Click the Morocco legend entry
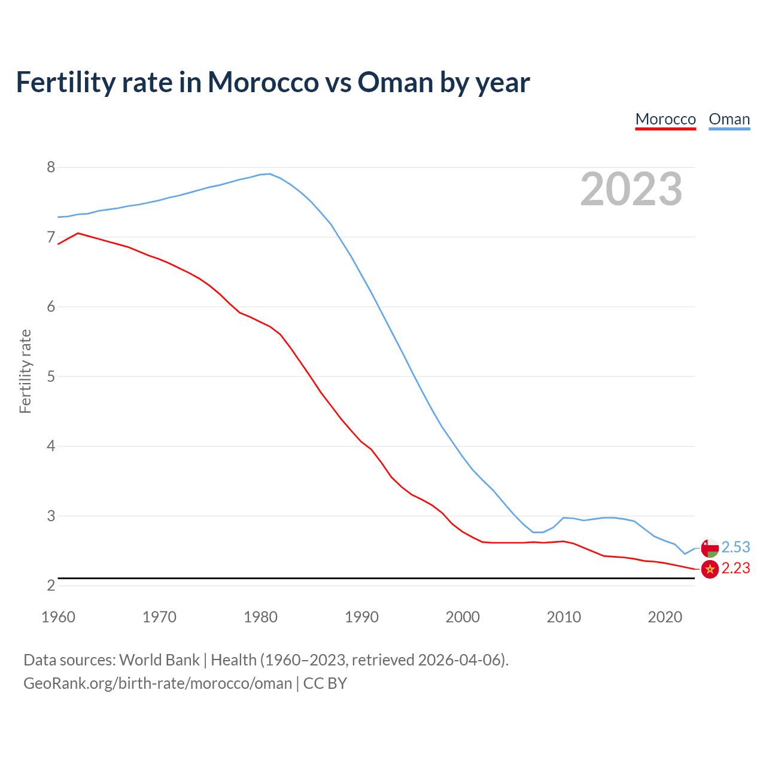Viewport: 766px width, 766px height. pyautogui.click(x=665, y=119)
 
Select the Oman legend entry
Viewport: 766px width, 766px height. pyautogui.click(x=729, y=119)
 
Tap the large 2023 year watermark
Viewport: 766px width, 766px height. pyautogui.click(x=631, y=189)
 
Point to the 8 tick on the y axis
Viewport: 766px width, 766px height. pyautogui.click(x=51, y=168)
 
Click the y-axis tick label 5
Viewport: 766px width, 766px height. pyautogui.click(x=51, y=377)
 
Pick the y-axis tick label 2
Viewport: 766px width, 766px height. pyautogui.click(x=51, y=586)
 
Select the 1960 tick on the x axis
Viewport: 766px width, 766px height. pyautogui.click(x=58, y=617)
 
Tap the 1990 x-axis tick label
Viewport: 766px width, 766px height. pyautogui.click(x=361, y=617)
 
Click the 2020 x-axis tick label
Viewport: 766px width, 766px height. pyautogui.click(x=665, y=617)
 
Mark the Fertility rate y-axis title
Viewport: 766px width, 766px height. pyautogui.click(x=25, y=371)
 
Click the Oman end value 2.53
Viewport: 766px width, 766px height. pyautogui.click(x=735, y=548)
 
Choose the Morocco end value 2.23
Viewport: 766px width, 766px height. pyautogui.click(x=735, y=569)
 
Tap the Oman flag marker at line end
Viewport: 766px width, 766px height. pyautogui.click(x=710, y=548)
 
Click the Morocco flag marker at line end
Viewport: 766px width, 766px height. pyautogui.click(x=710, y=569)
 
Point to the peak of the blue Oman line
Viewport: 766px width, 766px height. pyautogui.click(x=270, y=174)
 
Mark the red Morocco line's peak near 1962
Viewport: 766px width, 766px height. pyautogui.click(x=78, y=233)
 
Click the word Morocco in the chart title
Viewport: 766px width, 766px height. pyautogui.click(x=263, y=82)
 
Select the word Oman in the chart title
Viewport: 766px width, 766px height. pyautogui.click(x=396, y=82)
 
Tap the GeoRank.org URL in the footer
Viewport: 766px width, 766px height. pyautogui.click(x=157, y=683)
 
